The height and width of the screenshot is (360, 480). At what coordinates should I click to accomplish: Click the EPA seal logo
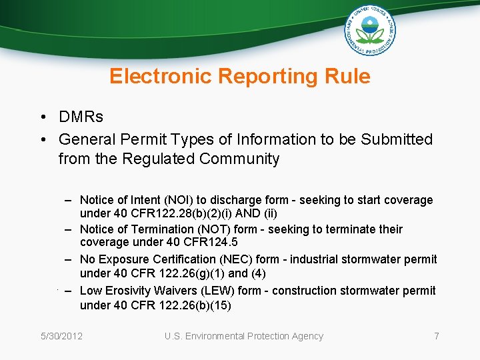click(x=369, y=29)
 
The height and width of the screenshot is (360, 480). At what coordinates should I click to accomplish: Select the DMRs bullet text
click(x=81, y=117)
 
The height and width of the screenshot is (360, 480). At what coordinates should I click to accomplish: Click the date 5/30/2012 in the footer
click(x=61, y=336)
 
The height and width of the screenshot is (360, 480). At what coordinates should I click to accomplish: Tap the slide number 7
click(x=437, y=336)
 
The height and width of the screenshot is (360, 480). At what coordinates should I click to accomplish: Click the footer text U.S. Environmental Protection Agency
click(x=243, y=336)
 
